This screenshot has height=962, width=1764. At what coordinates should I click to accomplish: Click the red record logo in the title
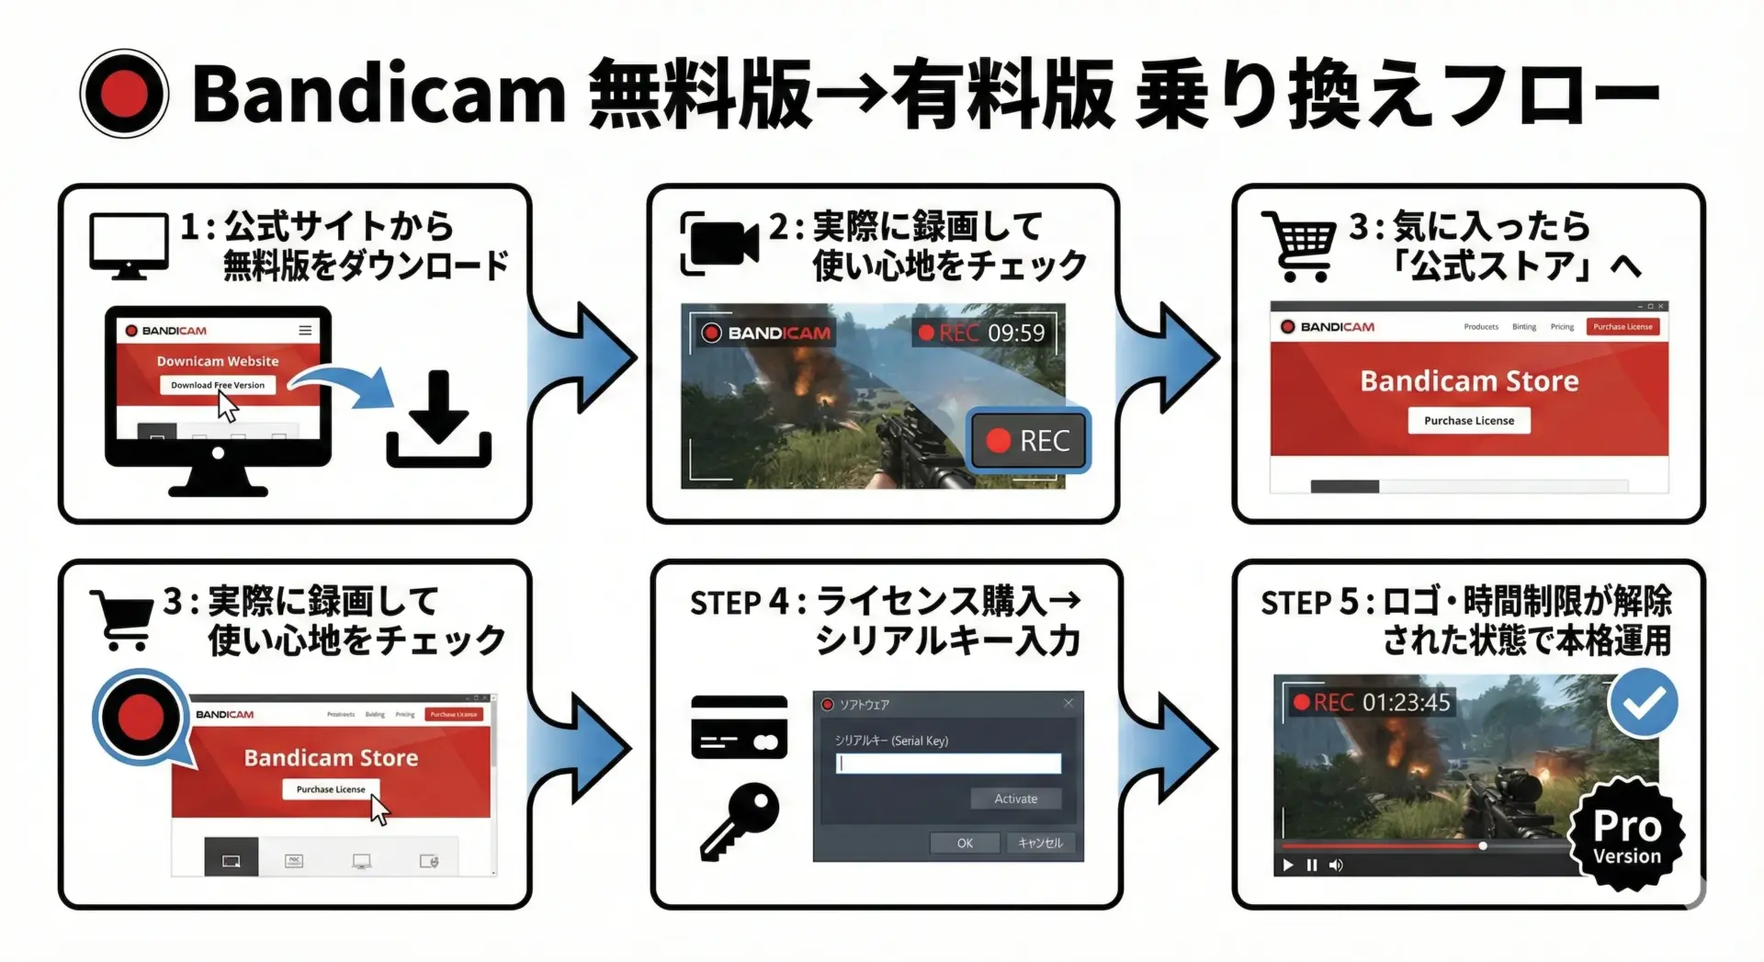[124, 94]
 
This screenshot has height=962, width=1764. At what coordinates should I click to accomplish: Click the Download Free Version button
[218, 385]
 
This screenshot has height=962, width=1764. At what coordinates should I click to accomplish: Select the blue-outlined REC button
[1030, 441]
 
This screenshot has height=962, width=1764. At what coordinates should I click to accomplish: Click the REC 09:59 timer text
[982, 333]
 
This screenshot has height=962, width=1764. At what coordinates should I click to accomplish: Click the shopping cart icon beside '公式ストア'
[1300, 244]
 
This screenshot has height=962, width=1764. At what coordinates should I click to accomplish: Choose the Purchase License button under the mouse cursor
[331, 789]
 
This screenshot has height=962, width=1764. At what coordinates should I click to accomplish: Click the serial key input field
[948, 764]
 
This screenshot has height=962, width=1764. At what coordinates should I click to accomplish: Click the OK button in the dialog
[965, 843]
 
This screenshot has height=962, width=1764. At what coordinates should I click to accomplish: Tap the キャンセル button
[1040, 843]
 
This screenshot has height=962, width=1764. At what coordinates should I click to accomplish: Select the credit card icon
[739, 727]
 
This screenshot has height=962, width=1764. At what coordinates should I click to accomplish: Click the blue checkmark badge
[1643, 704]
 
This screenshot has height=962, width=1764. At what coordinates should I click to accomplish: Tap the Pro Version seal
[1627, 834]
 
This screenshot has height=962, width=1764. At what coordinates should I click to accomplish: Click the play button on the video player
[1288, 865]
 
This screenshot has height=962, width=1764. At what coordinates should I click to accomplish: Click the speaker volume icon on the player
[1336, 865]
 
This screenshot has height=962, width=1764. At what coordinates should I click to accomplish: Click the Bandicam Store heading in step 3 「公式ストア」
[1469, 381]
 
